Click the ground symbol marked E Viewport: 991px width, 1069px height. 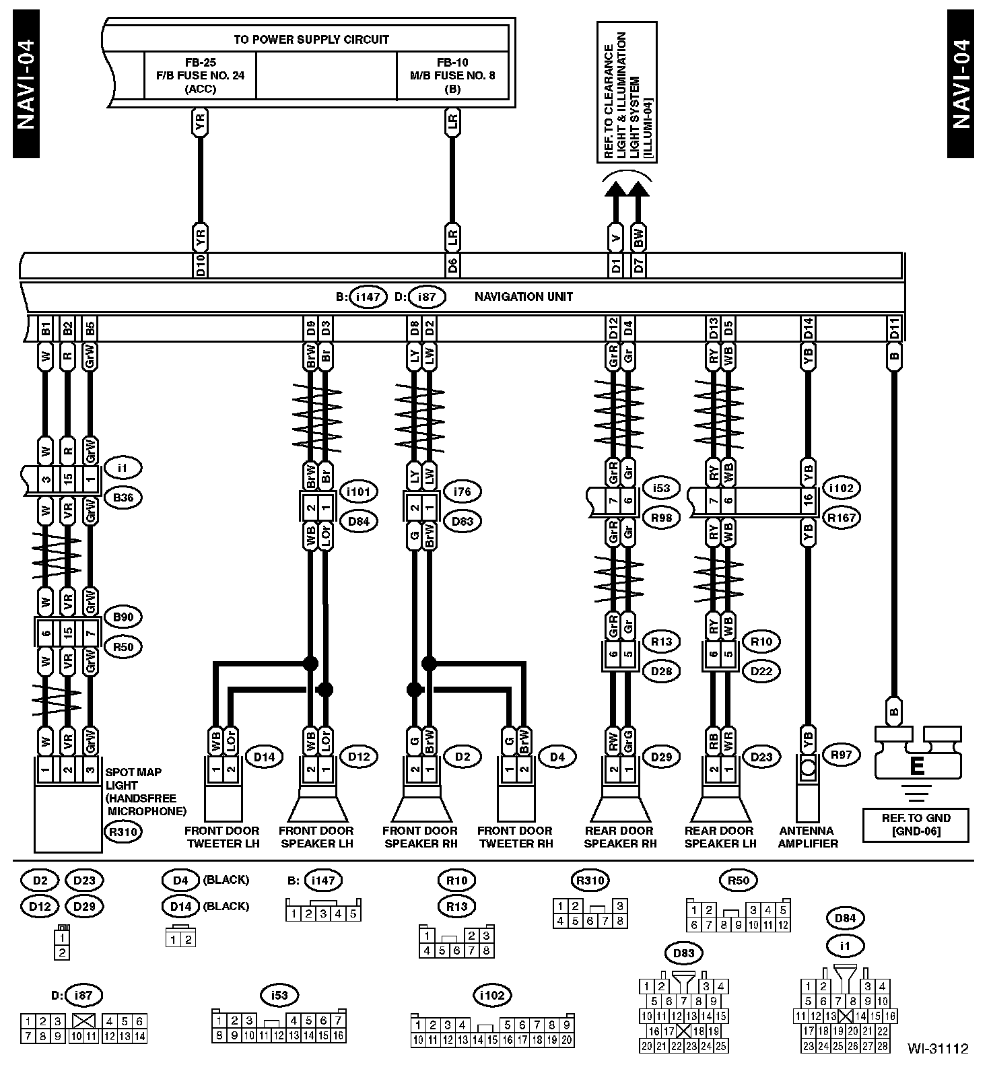[916, 766]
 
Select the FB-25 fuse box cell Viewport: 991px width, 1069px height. [200, 75]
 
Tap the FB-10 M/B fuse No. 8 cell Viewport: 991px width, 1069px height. [452, 75]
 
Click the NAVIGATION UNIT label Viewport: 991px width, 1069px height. [523, 296]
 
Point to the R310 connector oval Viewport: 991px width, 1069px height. [123, 832]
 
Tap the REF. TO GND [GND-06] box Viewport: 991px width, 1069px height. [916, 825]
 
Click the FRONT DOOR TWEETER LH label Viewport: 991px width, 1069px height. [221, 837]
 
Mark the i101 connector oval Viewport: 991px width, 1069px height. [358, 491]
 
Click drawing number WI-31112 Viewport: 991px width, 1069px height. [936, 1048]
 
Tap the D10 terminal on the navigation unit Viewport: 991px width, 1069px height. [200, 266]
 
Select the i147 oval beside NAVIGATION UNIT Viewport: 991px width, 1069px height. [368, 296]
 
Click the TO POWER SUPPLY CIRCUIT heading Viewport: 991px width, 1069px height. [311, 39]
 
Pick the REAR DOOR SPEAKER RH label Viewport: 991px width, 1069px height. [619, 837]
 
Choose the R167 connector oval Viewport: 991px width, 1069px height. [842, 518]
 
